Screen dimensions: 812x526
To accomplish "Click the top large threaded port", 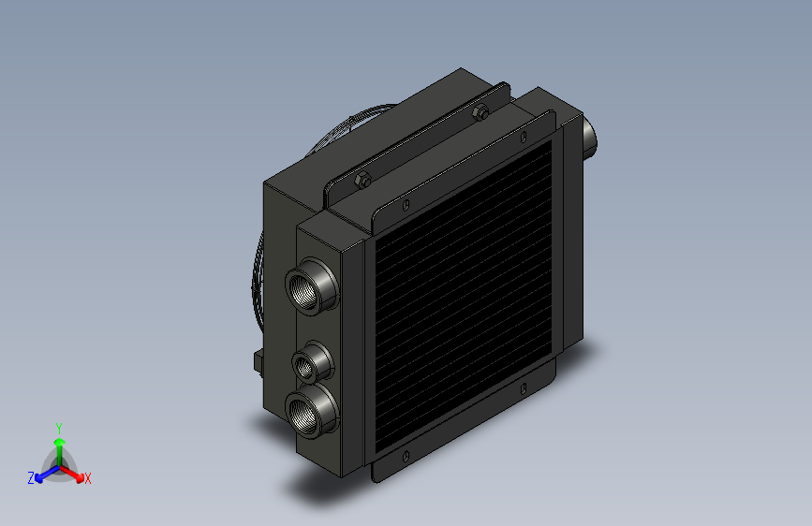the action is [x=312, y=285].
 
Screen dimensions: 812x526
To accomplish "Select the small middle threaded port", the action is [x=312, y=362].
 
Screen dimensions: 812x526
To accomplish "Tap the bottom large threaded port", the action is [x=312, y=411].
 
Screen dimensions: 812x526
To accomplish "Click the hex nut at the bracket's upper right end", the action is [x=480, y=111].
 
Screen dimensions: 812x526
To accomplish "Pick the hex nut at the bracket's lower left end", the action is [x=362, y=180].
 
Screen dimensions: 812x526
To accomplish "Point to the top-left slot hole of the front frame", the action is [x=406, y=205].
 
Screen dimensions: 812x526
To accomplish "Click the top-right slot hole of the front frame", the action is [x=524, y=137].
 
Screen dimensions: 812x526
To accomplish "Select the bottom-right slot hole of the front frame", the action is [x=524, y=388].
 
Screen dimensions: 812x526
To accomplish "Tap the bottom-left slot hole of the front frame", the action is [x=406, y=457].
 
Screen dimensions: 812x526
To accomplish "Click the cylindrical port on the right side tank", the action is [x=589, y=138].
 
